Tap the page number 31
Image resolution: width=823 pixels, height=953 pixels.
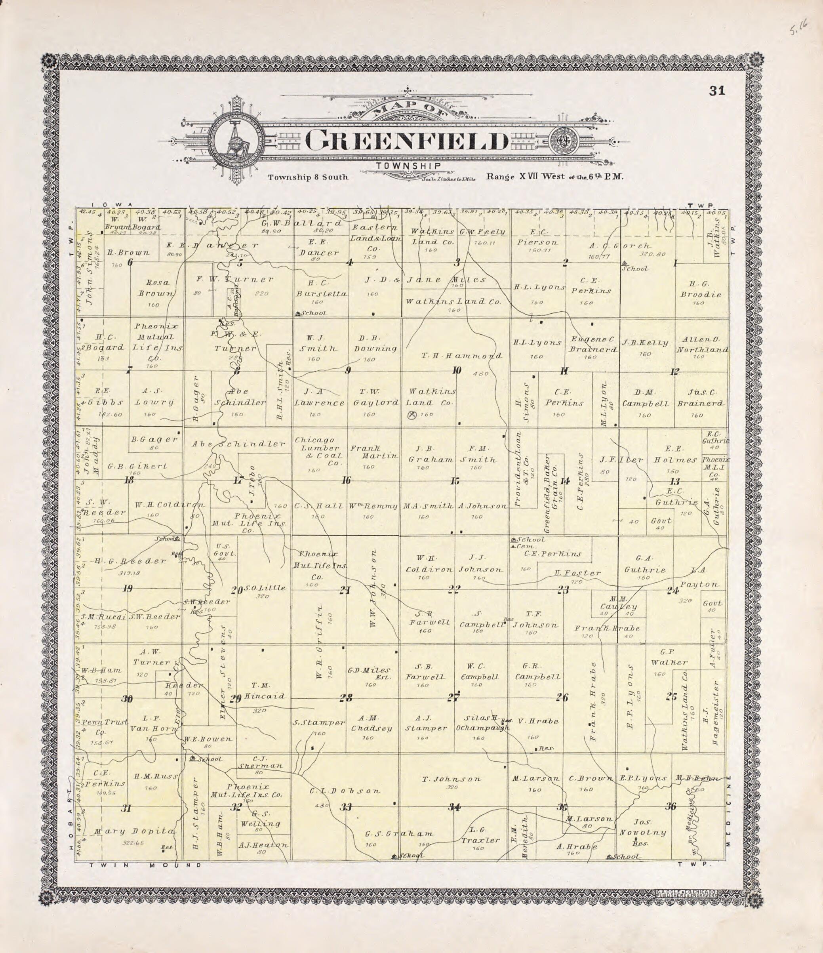tap(717, 91)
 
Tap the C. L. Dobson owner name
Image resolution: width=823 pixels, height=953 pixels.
tap(345, 791)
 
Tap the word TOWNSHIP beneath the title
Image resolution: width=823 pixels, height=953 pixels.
tap(408, 166)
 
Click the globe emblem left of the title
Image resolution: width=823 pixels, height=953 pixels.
tap(236, 140)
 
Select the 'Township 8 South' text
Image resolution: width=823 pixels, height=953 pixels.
tap(308, 177)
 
